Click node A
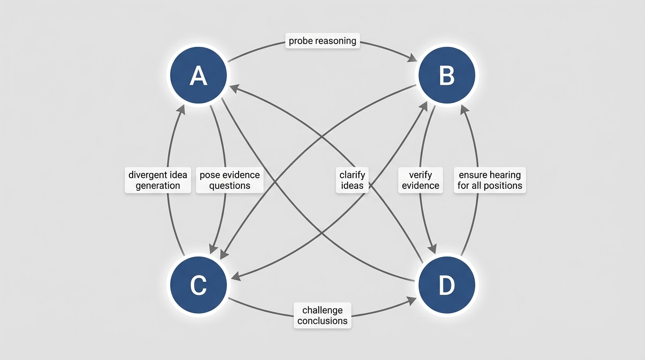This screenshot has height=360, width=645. pyautogui.click(x=198, y=75)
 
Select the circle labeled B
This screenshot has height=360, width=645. pyautogui.click(x=446, y=75)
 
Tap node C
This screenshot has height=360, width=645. pyautogui.click(x=198, y=285)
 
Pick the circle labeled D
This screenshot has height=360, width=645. pyautogui.click(x=446, y=285)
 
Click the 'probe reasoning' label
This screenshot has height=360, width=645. pyautogui.click(x=322, y=41)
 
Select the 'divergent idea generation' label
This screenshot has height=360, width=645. pyautogui.click(x=157, y=180)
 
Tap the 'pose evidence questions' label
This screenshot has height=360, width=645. pyautogui.click(x=229, y=180)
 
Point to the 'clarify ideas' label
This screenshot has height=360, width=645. pyautogui.click(x=352, y=180)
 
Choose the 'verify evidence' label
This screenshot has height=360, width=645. pyautogui.click(x=420, y=180)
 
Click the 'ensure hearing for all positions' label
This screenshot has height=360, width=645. pyautogui.click(x=489, y=180)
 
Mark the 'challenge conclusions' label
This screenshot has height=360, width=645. pyautogui.click(x=322, y=315)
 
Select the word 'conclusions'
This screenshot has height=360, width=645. pyautogui.click(x=322, y=321)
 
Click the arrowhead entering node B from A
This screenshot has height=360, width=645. pyautogui.click(x=413, y=59)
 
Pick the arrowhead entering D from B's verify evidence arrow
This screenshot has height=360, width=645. pyautogui.click(x=432, y=247)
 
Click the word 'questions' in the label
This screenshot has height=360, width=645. pyautogui.click(x=229, y=186)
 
